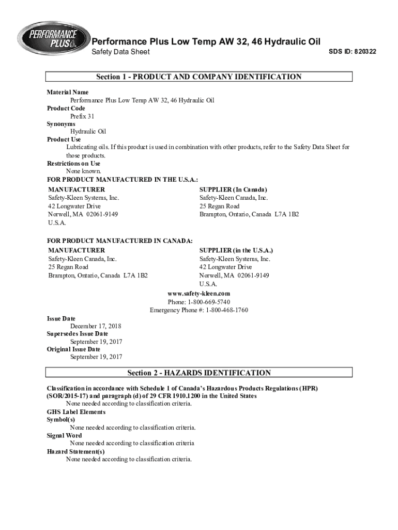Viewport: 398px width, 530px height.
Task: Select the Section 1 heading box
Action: coord(199,77)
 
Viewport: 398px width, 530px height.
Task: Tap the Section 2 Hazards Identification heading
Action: coord(199,373)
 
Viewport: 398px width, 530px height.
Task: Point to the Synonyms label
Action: coord(61,124)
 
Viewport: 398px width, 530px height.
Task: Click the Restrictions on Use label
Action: coord(73,164)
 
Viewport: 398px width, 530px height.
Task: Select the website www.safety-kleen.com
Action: coord(199,293)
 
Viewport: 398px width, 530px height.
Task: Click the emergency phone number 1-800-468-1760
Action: coord(227,310)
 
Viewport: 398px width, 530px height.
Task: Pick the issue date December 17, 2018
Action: coord(96,326)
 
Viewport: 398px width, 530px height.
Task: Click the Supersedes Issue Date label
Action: coord(78,334)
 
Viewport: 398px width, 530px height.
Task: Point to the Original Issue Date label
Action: coord(73,349)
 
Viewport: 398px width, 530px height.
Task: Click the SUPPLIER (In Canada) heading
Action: coord(233,189)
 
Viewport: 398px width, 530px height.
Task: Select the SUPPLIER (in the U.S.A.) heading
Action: coord(236,250)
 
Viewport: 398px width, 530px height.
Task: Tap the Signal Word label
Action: coord(64,435)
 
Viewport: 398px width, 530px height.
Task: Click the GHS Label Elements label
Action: coord(76,412)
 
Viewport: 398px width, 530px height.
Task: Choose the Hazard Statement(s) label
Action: coord(75,451)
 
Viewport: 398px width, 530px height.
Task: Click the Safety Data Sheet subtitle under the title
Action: coord(120,52)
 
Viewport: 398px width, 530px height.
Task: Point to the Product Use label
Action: coord(64,139)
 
